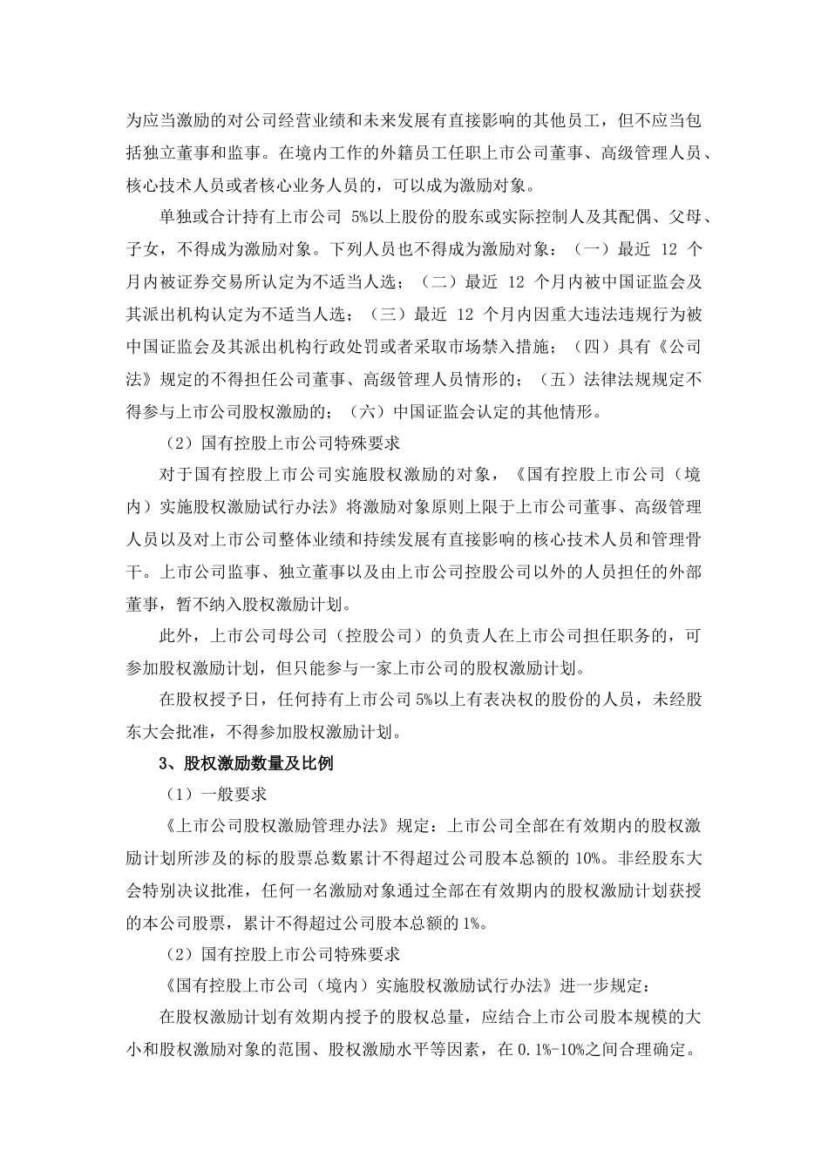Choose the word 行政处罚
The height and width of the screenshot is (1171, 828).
351,347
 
